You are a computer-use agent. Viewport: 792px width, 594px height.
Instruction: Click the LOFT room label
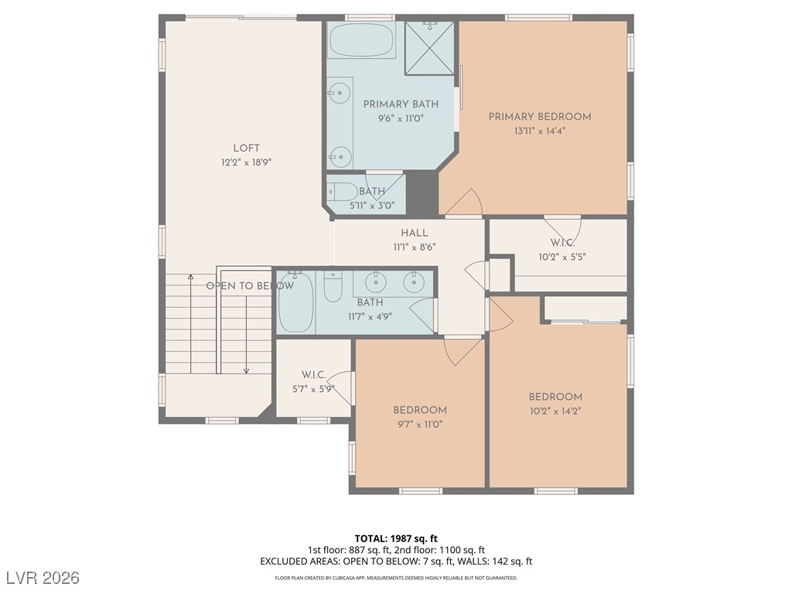click(x=247, y=148)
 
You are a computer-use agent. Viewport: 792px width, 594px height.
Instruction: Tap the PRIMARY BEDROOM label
click(x=539, y=117)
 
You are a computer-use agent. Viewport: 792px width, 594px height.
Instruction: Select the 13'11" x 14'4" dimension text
click(x=539, y=131)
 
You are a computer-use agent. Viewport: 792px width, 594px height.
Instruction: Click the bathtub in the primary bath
click(x=362, y=40)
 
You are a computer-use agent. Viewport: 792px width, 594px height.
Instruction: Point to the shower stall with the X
click(x=430, y=48)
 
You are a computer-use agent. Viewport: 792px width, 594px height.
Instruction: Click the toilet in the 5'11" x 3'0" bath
click(x=343, y=192)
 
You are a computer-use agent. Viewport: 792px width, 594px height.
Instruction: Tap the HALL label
click(x=415, y=233)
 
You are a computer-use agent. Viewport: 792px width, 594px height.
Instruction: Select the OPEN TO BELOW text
click(x=250, y=286)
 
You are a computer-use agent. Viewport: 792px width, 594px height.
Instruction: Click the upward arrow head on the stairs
click(x=190, y=277)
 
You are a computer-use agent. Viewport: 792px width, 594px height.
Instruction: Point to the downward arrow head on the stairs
click(x=246, y=370)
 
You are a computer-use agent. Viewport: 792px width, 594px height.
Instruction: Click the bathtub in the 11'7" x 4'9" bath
click(x=296, y=302)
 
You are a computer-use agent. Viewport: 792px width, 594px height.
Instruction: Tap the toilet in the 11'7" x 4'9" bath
click(x=333, y=286)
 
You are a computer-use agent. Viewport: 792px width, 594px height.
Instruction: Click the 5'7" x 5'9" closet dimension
click(x=313, y=390)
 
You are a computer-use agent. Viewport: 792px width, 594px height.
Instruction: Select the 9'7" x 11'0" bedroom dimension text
click(x=420, y=425)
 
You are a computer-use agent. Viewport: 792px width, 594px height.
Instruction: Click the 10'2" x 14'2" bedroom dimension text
click(x=555, y=411)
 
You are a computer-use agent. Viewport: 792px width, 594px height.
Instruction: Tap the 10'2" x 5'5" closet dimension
click(x=562, y=257)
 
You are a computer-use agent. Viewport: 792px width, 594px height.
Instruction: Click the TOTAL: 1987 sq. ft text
click(x=395, y=538)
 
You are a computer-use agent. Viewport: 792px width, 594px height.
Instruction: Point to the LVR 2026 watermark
click(x=43, y=577)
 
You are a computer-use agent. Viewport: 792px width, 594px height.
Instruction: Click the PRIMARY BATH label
click(x=401, y=104)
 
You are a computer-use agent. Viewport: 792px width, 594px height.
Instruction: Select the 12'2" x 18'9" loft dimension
click(x=247, y=162)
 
